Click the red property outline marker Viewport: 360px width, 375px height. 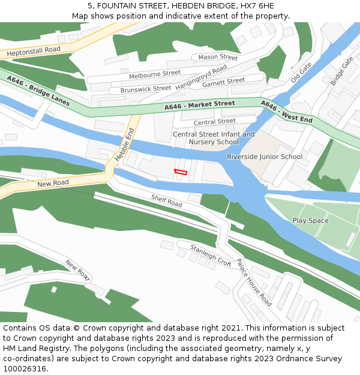[181, 172]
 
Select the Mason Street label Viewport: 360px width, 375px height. [218, 58]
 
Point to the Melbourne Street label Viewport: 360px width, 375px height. [154, 74]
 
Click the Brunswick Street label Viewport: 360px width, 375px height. [146, 89]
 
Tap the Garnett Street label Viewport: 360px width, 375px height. [223, 82]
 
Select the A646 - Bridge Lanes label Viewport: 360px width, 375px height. [38, 91]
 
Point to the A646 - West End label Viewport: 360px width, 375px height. [286, 112]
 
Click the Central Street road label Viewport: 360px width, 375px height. [214, 122]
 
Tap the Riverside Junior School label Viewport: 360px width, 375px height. [265, 157]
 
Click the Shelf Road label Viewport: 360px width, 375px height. [166, 200]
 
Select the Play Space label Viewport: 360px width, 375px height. [310, 221]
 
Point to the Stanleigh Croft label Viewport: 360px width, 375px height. [211, 256]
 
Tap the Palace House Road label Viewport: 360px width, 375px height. [254, 283]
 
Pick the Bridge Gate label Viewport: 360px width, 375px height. [341, 71]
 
